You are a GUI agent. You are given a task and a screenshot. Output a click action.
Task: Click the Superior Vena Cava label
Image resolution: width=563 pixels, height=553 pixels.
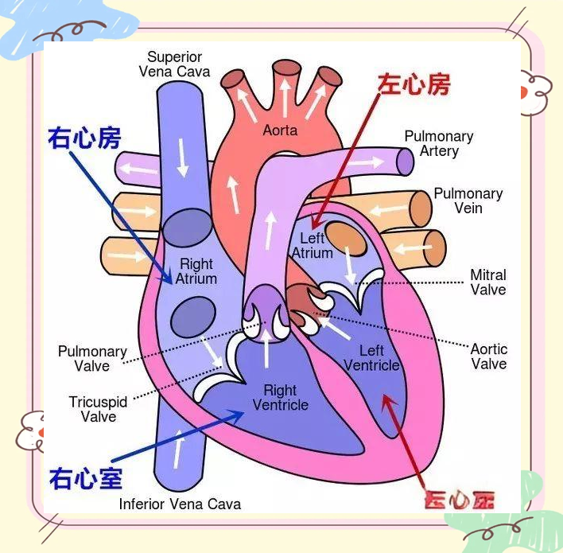[174, 64]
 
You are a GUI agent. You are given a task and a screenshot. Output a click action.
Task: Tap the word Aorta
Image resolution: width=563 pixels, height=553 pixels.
[280, 130]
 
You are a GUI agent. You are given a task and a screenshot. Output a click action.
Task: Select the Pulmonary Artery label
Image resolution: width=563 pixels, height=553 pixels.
[438, 143]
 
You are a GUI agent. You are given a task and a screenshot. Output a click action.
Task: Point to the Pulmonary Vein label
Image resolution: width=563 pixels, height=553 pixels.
[468, 201]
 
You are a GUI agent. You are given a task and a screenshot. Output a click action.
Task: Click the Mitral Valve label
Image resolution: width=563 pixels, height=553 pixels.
[487, 282]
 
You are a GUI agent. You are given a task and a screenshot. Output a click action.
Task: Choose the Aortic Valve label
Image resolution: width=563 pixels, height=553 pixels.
[488, 356]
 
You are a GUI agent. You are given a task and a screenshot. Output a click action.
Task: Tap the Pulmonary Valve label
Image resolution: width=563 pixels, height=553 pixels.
[92, 359]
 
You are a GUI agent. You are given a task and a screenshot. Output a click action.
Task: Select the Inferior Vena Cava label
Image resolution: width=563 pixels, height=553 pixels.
[180, 504]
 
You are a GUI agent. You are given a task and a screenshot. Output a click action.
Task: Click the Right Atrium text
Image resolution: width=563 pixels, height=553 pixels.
[196, 271]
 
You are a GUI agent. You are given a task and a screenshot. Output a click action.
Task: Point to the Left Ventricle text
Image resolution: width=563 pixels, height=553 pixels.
[371, 358]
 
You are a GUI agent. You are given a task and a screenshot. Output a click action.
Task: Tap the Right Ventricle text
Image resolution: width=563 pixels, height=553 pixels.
[280, 398]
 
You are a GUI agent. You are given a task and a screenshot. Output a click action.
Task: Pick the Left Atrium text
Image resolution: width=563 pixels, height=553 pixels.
[312, 246]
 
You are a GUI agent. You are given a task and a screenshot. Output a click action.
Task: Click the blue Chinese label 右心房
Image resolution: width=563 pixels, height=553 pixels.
[84, 138]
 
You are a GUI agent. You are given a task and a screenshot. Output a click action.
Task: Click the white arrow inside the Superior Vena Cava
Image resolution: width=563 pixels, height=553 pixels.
[183, 158]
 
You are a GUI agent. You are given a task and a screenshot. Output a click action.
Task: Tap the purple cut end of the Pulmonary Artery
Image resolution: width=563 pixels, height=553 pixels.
[406, 162]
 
